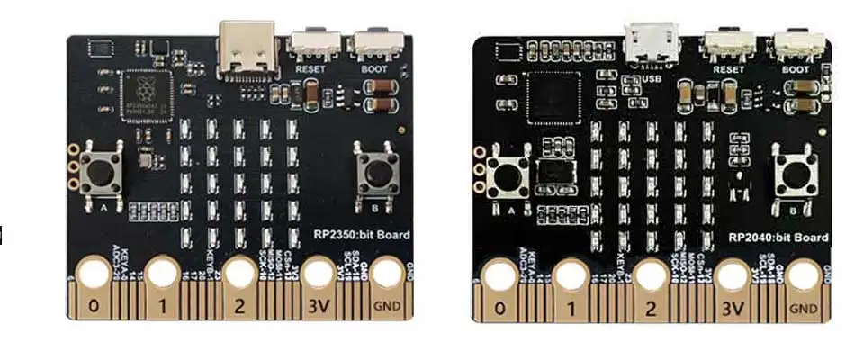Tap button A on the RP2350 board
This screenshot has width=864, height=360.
click(x=102, y=170)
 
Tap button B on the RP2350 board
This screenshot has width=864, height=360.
click(x=377, y=170)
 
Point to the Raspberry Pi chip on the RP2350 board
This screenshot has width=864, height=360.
click(x=147, y=91)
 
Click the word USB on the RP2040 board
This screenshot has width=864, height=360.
click(x=654, y=78)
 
